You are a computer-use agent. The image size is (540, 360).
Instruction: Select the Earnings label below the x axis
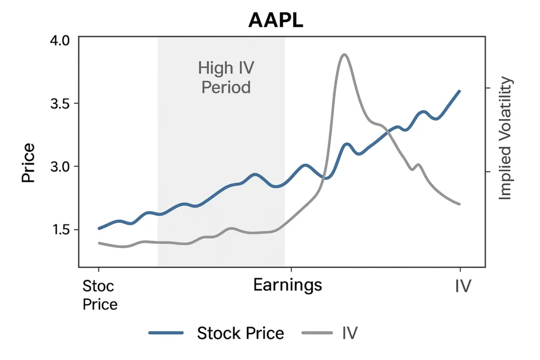click(287, 285)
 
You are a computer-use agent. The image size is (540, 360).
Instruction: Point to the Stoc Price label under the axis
click(100, 295)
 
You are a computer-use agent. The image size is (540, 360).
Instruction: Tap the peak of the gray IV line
click(344, 54)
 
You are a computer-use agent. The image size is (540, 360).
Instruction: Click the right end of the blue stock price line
click(460, 91)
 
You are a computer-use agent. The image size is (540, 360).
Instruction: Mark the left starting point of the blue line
click(99, 228)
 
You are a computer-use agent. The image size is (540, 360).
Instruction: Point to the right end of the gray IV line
click(460, 204)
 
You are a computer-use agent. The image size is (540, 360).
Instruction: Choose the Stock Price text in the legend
click(240, 333)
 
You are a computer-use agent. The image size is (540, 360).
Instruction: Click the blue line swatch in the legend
click(166, 333)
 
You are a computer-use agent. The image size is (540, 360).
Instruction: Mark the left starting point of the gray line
click(99, 243)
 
